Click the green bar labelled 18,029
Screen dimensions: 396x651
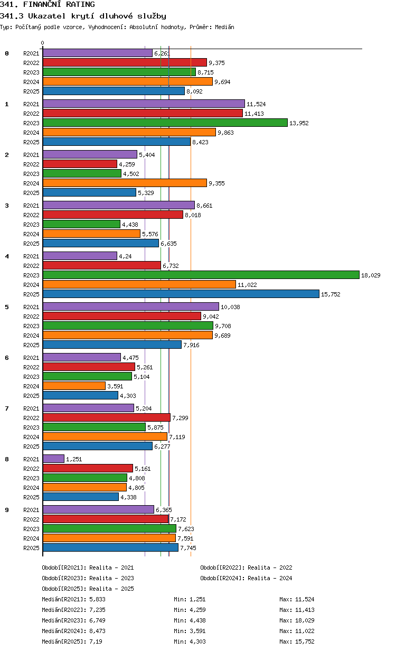point(201,275)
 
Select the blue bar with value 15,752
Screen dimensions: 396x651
point(181,294)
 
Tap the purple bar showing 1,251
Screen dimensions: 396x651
point(54,459)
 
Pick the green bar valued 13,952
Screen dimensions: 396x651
point(165,123)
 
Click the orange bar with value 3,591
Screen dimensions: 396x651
point(74,386)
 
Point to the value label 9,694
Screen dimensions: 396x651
point(222,82)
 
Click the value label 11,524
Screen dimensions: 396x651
point(256,104)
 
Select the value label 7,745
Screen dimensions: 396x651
point(188,548)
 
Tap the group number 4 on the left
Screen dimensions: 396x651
point(7,256)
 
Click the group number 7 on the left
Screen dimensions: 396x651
point(7,408)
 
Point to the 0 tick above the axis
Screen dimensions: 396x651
point(42,43)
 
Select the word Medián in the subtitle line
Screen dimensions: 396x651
point(224,27)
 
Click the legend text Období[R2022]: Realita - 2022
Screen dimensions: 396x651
point(246,568)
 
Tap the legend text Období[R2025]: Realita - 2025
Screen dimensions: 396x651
point(88,589)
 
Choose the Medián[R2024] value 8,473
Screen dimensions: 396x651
point(97,631)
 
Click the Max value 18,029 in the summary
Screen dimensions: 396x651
point(305,620)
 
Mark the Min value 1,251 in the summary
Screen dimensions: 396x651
point(197,599)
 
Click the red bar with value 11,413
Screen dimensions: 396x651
point(143,113)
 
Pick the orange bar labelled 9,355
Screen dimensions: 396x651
point(125,183)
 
